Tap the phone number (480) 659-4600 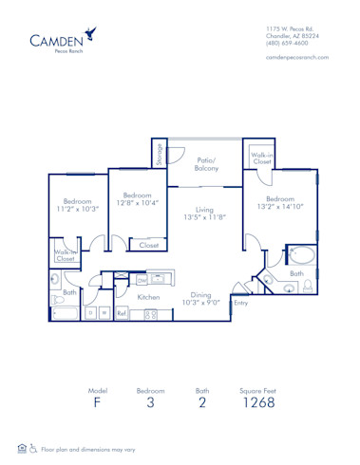[x=286, y=43]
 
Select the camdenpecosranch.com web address [x=298, y=59]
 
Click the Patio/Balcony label [x=207, y=164]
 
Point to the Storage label [x=160, y=152]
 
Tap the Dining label [x=199, y=294]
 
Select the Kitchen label [x=149, y=297]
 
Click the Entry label [x=241, y=304]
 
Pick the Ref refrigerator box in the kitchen [x=122, y=312]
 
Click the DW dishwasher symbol [x=142, y=280]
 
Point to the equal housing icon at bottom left [x=21, y=449]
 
